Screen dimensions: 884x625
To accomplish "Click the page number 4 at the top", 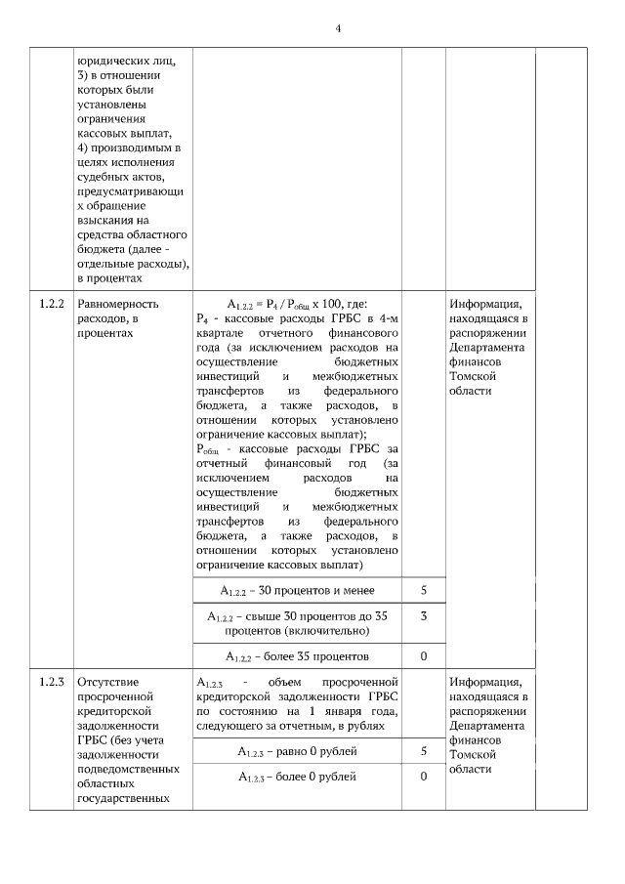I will tap(338, 28).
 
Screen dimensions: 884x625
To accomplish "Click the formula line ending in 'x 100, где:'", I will tap(297, 304).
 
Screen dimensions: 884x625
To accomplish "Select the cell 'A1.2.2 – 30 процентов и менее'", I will tap(296, 591).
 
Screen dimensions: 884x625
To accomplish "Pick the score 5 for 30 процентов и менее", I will tap(423, 591).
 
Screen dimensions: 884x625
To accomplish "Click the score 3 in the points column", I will tap(423, 616).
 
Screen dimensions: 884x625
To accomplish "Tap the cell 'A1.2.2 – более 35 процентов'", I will tap(296, 655).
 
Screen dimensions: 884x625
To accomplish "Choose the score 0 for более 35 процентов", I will tap(423, 655).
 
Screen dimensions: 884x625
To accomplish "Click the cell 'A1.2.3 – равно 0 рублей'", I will tap(296, 751).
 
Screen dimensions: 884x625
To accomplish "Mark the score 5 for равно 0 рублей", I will tap(423, 751).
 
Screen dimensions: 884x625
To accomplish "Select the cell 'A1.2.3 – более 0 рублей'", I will tap(296, 777).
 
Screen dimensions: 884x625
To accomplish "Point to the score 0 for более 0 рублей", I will tap(423, 777).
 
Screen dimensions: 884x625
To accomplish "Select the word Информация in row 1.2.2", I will tap(485, 304).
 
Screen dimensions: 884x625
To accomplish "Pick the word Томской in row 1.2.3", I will tap(472, 754).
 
